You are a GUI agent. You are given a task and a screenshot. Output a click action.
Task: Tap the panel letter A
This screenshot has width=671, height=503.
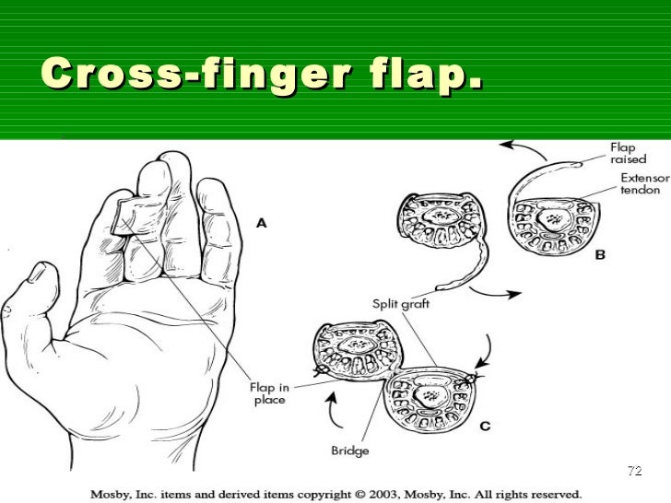pos(262,222)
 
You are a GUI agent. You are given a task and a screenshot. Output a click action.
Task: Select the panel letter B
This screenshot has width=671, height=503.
pos(599,255)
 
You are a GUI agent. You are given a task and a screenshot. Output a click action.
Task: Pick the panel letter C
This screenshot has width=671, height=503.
pos(484,426)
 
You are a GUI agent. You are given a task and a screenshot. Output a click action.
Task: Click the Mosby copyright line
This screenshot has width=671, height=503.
pos(335,491)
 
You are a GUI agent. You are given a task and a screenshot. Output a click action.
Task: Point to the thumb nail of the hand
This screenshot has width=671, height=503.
pos(39,273)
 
